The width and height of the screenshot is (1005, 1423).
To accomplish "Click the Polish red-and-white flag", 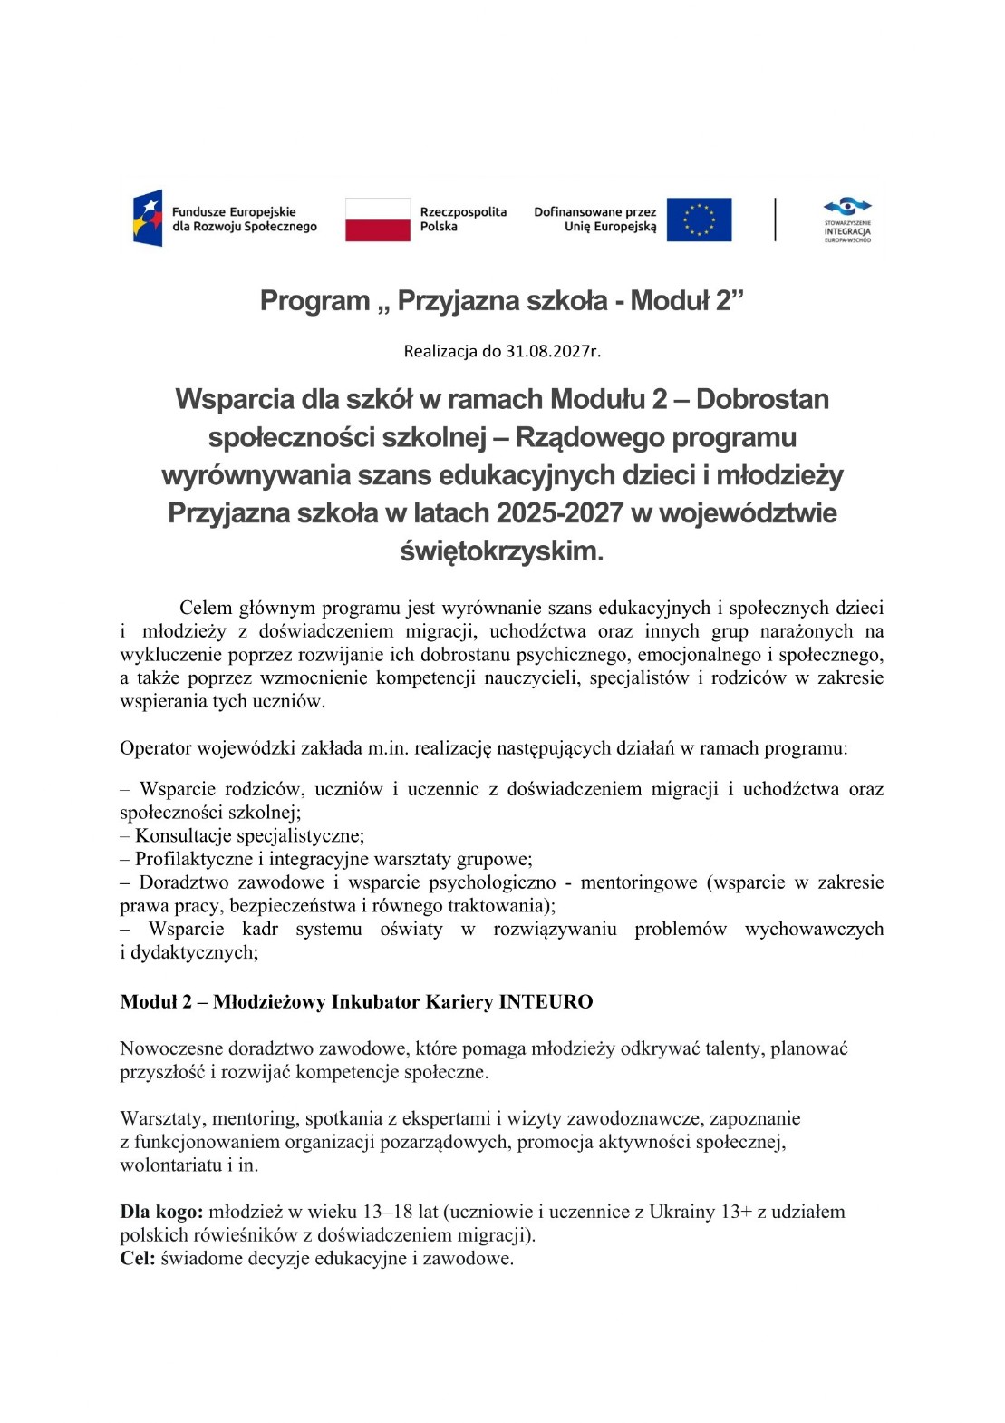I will click(377, 219).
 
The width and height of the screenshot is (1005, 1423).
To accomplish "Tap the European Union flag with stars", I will click(699, 219).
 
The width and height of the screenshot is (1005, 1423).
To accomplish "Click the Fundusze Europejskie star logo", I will click(148, 219).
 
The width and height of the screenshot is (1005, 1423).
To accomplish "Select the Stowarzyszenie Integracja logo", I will click(846, 219).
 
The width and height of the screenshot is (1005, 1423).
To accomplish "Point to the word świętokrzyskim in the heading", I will click(501, 551).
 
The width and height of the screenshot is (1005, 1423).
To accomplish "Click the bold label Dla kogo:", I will click(161, 1212).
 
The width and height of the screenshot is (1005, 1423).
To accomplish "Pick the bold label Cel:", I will click(138, 1259).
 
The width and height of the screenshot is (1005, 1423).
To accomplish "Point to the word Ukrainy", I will click(681, 1212).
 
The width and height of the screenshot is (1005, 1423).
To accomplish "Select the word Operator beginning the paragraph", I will click(155, 748).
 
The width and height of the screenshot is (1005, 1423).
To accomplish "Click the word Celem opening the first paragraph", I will click(206, 608).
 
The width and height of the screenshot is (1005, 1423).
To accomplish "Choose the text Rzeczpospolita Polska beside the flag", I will click(462, 219).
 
